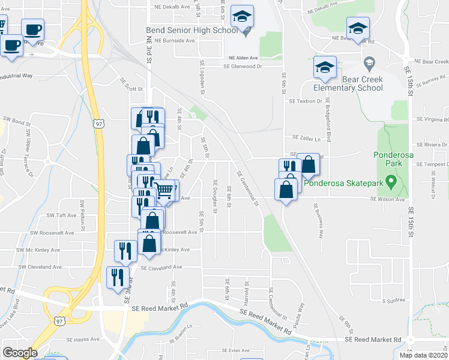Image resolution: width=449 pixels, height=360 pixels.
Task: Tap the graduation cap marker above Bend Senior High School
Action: pos(243,17)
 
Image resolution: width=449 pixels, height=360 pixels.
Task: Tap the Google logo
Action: pos(20,353)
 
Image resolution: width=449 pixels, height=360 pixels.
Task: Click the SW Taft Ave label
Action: pos(62,215)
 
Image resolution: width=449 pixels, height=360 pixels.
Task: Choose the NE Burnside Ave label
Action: pos(175,41)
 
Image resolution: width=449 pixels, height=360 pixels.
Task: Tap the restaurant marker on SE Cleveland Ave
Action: pos(116,277)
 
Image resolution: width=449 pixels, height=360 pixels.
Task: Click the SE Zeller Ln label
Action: pos(303,138)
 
